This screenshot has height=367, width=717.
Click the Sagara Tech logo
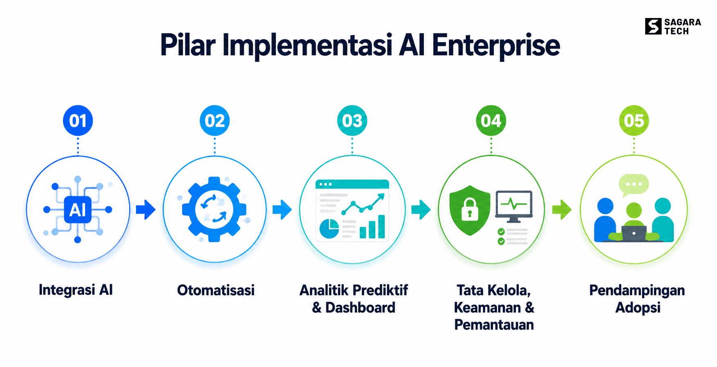[673, 27]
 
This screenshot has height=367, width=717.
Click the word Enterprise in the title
[496, 45]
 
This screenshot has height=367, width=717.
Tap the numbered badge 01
[78, 121]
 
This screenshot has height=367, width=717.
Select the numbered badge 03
[352, 121]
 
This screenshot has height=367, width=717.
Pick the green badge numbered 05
[634, 121]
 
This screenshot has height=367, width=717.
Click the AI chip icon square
[78, 209]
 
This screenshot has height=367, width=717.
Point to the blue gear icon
[214, 209]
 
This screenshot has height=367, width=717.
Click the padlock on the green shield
[470, 209]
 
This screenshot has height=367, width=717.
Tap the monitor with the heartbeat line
[514, 206]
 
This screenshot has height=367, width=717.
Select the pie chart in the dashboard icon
[329, 228]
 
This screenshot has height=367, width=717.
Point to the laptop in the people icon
[634, 233]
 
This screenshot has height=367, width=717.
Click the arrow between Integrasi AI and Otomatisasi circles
[146, 209]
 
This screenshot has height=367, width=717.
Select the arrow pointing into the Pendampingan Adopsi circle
[562, 209]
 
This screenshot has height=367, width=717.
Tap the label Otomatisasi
[216, 290]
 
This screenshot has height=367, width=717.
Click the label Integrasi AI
[76, 290]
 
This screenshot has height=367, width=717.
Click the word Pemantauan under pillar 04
[494, 325]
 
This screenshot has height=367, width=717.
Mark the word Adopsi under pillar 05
[638, 308]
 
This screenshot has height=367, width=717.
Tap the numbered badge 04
[491, 121]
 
